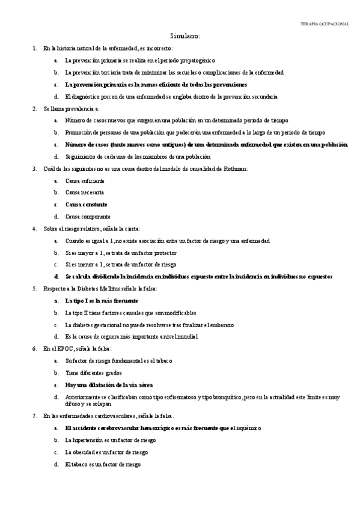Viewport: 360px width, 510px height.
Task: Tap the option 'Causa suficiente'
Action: tap(85, 180)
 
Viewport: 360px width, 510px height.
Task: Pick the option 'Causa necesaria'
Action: tap(85, 192)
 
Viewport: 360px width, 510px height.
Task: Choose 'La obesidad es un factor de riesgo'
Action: tap(106, 452)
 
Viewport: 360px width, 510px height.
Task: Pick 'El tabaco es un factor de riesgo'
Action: tap(103, 464)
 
